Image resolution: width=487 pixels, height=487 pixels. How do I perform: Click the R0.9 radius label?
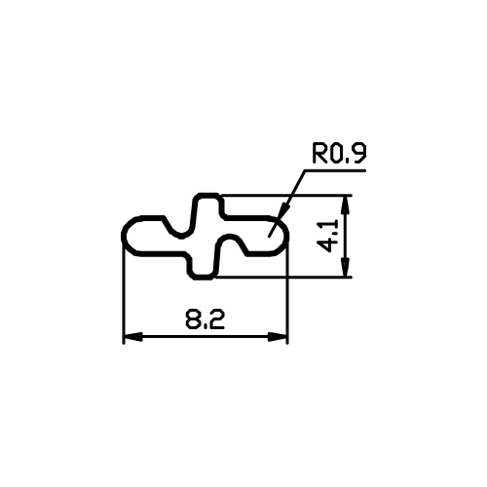tap(339, 154)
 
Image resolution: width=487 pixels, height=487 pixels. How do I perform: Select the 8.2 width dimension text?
tap(205, 319)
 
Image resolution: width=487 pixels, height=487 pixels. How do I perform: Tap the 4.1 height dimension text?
tap(327, 236)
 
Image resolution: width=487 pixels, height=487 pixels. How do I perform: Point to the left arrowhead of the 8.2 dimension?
tap(132, 337)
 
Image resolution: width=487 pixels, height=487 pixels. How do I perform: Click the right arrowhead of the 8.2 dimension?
tap(278, 337)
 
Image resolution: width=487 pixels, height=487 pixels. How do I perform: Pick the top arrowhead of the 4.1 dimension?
tap(346, 206)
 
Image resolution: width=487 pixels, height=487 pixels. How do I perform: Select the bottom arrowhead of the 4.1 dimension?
tap(346, 268)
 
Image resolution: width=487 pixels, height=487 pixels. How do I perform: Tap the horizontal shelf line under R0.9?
tap(334, 169)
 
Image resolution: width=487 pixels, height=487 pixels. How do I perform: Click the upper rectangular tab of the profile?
tap(208, 205)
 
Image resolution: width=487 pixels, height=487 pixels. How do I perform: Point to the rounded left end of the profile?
tap(129, 234)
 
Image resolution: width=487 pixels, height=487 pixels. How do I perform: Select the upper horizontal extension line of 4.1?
tap(286, 196)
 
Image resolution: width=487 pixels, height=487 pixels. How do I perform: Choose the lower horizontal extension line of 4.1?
tap(283, 278)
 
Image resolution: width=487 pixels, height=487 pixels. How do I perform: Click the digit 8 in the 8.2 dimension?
tap(193, 319)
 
